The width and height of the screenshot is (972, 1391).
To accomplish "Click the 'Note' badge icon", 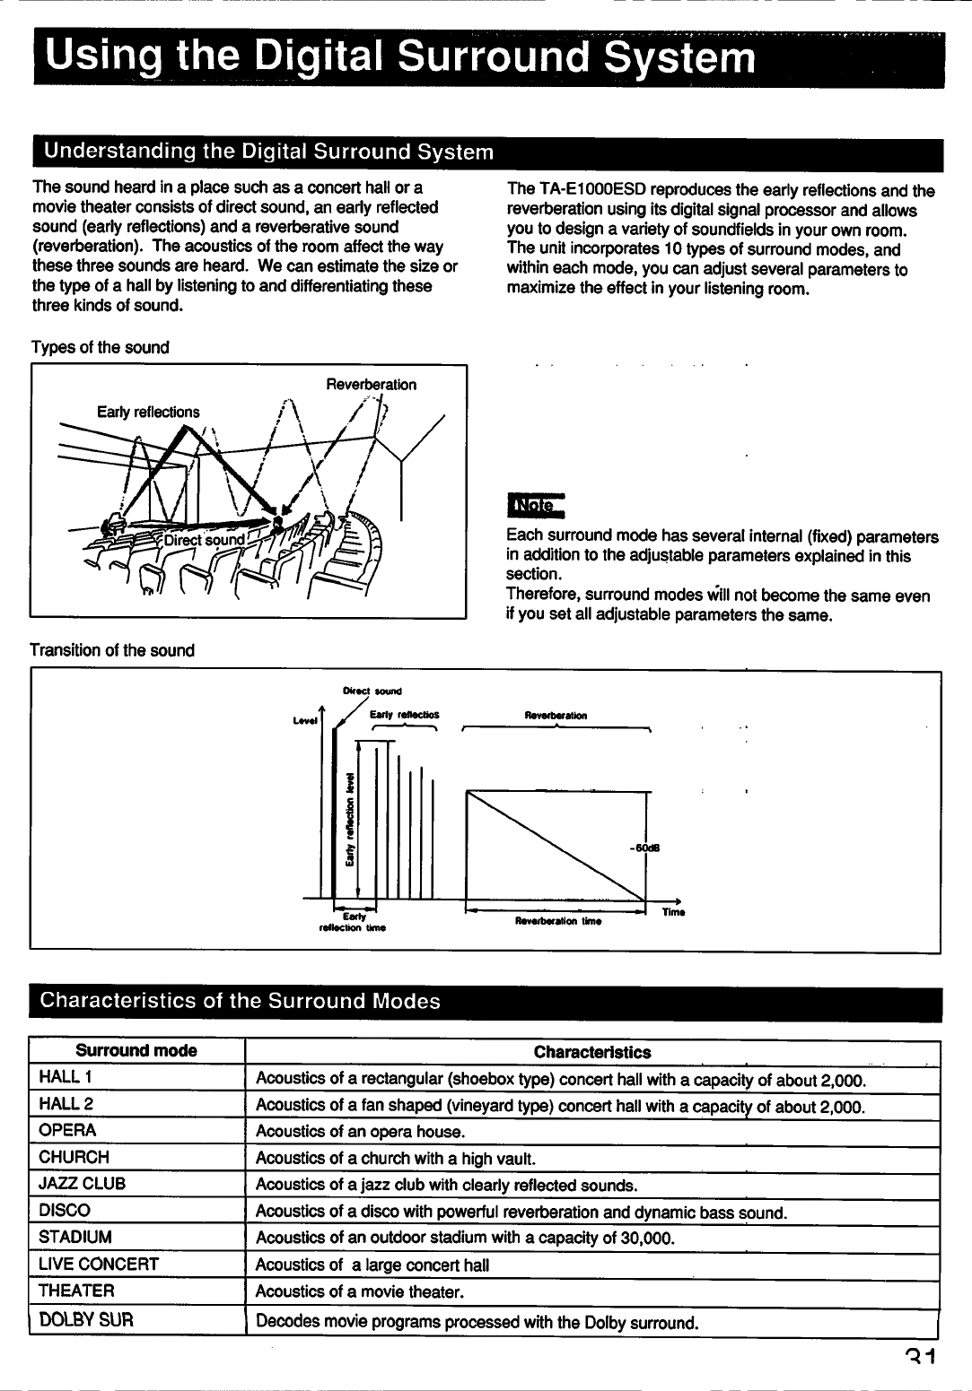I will (x=535, y=507).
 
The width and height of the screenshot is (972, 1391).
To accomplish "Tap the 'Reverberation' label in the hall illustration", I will (x=371, y=385).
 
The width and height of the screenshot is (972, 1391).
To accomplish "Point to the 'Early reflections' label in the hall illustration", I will (x=148, y=412).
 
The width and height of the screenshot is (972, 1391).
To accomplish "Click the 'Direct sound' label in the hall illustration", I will (x=204, y=541).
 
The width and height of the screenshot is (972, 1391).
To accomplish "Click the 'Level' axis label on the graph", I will (x=307, y=720).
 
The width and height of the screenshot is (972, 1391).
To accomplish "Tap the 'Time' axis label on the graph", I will (x=673, y=912).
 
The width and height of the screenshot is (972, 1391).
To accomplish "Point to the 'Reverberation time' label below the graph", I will (x=557, y=921).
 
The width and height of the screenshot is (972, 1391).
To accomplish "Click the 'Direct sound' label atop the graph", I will (x=372, y=691).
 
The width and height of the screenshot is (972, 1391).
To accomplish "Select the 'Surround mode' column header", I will (x=136, y=1051).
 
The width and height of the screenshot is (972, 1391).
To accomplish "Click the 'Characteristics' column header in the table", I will (x=592, y=1052).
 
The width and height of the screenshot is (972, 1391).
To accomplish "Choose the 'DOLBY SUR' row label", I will (x=86, y=1320).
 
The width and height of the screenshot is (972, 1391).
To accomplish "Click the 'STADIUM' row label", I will (x=75, y=1238).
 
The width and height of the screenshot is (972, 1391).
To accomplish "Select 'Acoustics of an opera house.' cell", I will (x=360, y=1132).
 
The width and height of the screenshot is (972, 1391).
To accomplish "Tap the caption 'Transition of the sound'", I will (x=112, y=650).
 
